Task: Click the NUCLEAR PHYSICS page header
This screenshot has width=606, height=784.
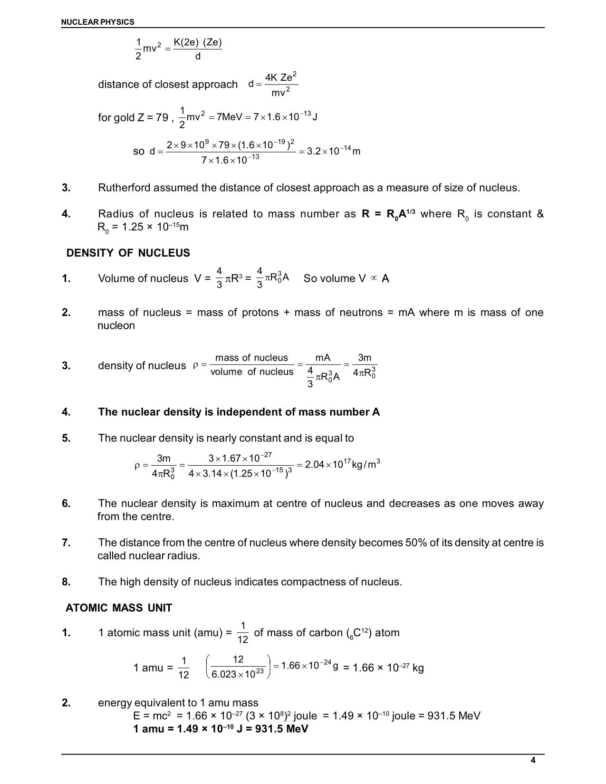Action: (98, 22)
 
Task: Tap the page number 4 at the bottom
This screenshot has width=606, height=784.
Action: (533, 761)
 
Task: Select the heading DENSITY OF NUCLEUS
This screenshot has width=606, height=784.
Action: (128, 253)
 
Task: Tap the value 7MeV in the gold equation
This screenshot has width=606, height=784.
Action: (230, 117)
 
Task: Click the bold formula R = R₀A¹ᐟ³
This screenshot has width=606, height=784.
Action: (388, 214)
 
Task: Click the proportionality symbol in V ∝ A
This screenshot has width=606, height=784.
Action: (374, 278)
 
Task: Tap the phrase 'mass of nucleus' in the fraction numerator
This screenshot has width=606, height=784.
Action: (251, 358)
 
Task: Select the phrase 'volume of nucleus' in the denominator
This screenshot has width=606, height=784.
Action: (252, 372)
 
